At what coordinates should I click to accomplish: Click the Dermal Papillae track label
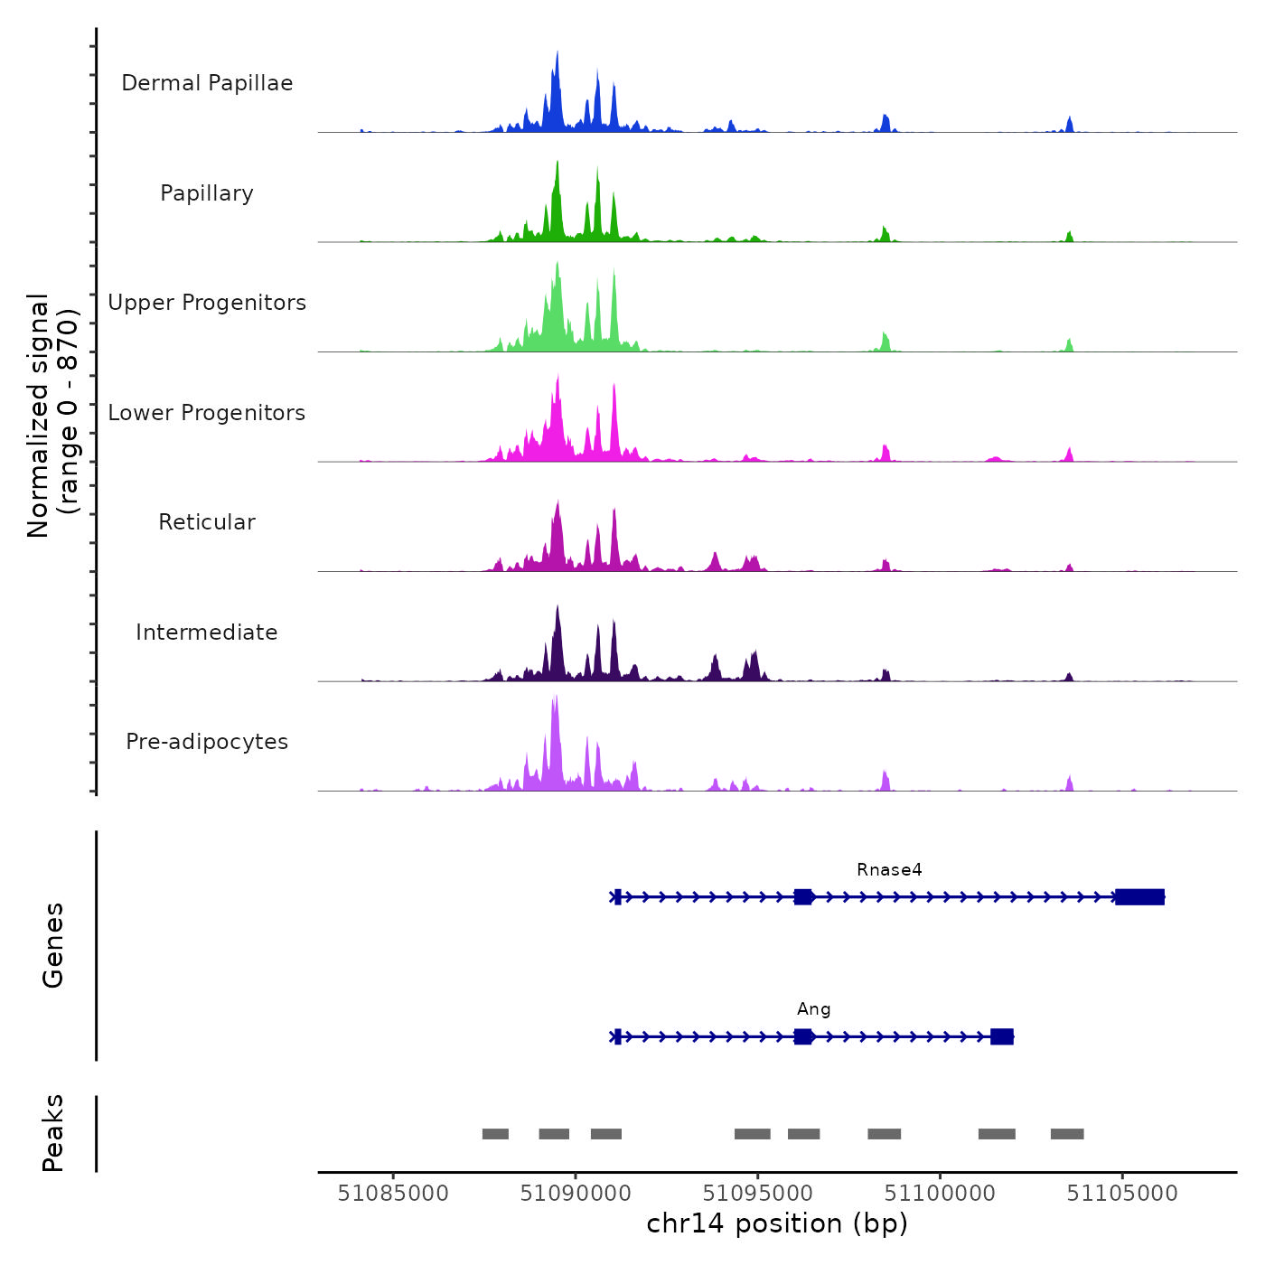[207, 83]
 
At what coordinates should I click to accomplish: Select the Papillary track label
[207, 193]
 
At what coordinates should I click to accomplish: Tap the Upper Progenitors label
[207, 303]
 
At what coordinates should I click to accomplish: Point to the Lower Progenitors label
[207, 413]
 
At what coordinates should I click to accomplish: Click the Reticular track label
[207, 522]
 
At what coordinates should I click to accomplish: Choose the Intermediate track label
[207, 632]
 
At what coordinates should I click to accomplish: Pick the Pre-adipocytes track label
[207, 742]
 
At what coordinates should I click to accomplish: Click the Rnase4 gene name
[889, 870]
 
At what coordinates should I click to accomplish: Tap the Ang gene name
[813, 1009]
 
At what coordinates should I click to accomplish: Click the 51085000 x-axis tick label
[393, 1194]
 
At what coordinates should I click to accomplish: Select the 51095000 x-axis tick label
[757, 1194]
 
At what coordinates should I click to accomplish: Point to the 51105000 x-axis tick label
[1122, 1194]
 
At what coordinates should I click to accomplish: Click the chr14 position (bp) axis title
[777, 1224]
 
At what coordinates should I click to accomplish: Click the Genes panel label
[53, 945]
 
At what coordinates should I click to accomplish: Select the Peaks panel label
[53, 1133]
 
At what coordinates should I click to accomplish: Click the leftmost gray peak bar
[495, 1134]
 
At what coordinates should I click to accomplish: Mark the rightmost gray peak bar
[1067, 1134]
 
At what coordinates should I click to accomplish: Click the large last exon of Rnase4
[1139, 897]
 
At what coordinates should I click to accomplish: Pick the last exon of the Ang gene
[1001, 1036]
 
